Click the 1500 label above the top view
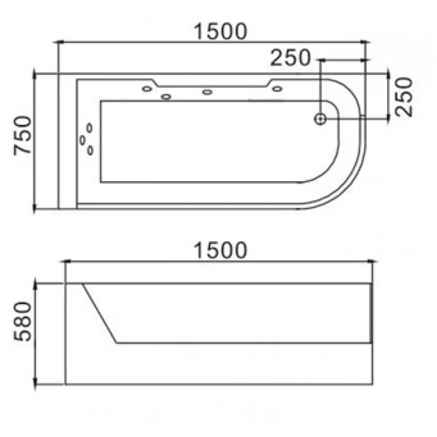pyautogui.click(x=220, y=32)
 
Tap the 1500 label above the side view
pyautogui.click(x=220, y=251)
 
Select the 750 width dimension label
pyautogui.click(x=23, y=135)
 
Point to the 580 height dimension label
pyautogui.click(x=23, y=321)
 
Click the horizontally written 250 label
pyautogui.click(x=290, y=58)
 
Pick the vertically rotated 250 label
pyautogui.click(x=403, y=97)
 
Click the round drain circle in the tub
pyautogui.click(x=320, y=119)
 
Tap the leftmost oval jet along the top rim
pyautogui.click(x=147, y=89)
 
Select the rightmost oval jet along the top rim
pyautogui.click(x=277, y=89)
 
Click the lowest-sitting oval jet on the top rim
pyautogui.click(x=166, y=97)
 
